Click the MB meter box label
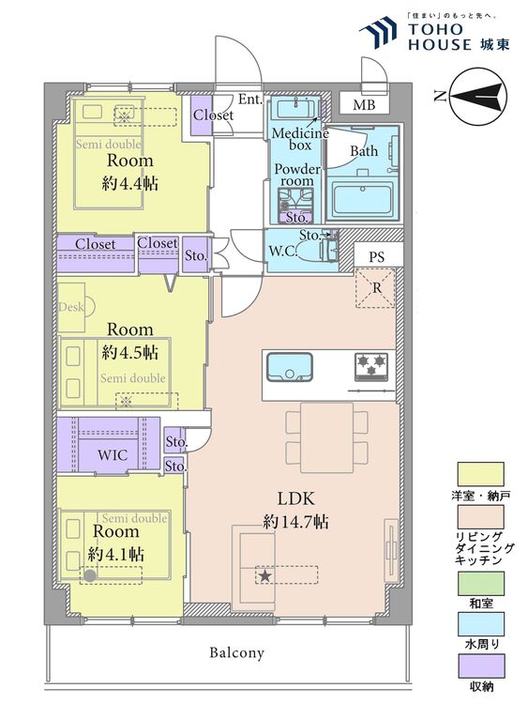click(364, 104)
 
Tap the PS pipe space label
click(377, 257)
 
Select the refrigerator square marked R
click(375, 288)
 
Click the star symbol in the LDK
click(265, 575)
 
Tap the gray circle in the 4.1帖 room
click(90, 575)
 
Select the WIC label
click(113, 455)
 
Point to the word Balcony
click(237, 652)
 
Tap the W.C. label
click(282, 251)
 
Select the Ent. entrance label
click(249, 99)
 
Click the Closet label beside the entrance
click(213, 115)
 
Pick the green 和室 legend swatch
click(481, 584)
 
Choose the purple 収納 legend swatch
click(481, 666)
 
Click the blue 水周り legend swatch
click(481, 624)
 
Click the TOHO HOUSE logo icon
click(378, 32)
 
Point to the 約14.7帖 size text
click(295, 521)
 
